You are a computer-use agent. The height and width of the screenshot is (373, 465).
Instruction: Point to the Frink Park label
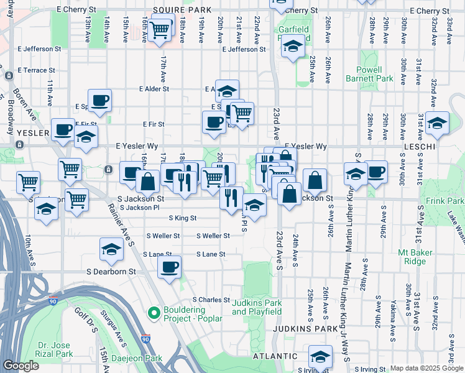pos(445,201)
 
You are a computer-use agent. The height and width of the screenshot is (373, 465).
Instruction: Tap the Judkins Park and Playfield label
pos(257,307)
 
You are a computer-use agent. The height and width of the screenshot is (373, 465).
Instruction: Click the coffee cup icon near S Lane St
pos(169,267)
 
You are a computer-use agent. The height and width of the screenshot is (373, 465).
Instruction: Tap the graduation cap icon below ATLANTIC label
pos(320,356)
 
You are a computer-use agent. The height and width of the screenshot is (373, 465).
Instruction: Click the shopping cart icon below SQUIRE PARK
pos(160,29)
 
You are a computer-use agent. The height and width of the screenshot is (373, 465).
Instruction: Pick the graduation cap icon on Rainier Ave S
pos(111,249)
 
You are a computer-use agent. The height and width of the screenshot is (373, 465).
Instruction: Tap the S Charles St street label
pos(211,300)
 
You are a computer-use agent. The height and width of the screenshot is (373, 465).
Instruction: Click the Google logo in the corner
pos(21,366)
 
